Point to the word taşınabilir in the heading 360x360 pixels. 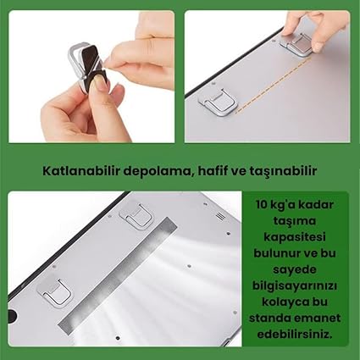280,170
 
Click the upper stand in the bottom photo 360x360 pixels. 136,218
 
